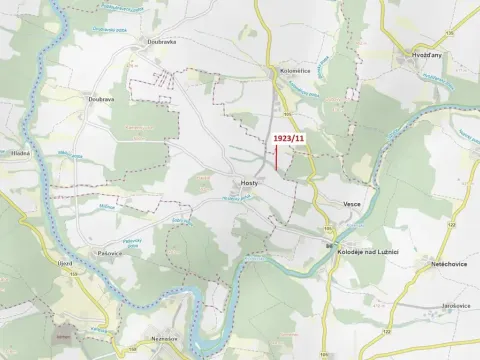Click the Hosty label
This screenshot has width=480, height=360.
(250, 184)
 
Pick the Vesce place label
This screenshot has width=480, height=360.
(351, 203)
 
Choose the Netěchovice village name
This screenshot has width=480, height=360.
(450, 264)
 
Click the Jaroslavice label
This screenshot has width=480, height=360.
(455, 304)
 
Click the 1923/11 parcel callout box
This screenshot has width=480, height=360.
(288, 138)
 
